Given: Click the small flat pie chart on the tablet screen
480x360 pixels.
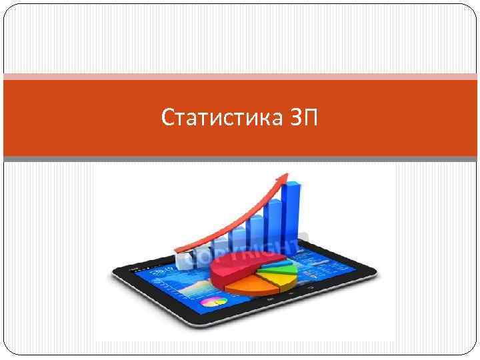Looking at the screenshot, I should click(x=215, y=301).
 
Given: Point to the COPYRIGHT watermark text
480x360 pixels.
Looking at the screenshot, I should click(x=240, y=252).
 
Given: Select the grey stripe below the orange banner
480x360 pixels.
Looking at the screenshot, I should click(x=240, y=159).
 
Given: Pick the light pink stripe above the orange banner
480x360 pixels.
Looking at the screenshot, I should click(x=240, y=77).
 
